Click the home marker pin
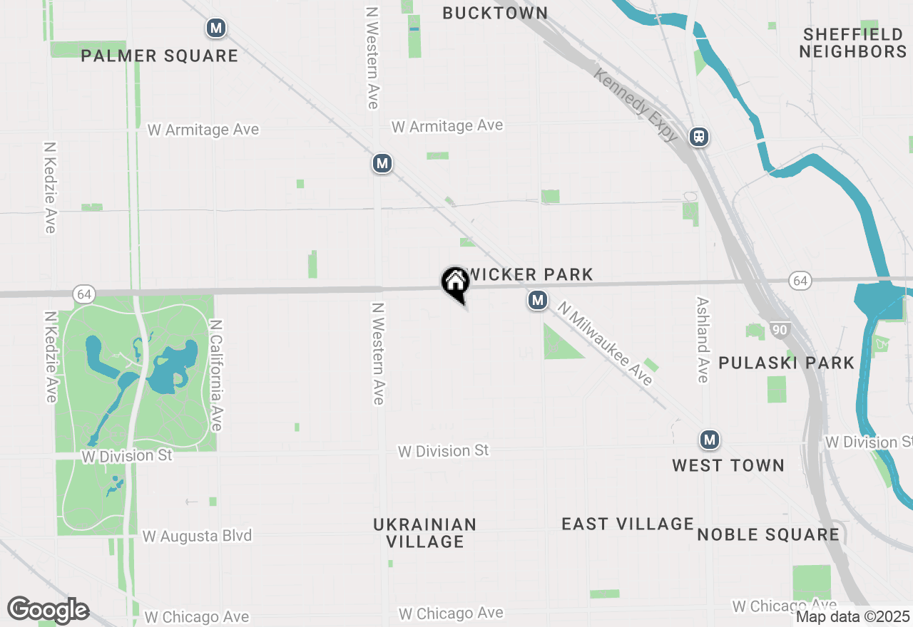455,283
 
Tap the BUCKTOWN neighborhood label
495,13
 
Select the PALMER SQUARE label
159,56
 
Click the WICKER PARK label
529,274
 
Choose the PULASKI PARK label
786,363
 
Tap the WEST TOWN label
728,465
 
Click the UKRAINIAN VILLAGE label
424,533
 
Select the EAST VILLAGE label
627,524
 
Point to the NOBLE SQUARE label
767,534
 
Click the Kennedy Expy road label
635,105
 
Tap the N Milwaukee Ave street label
606,343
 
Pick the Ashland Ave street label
703,340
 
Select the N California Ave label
216,375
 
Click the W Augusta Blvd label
197,536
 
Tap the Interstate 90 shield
779,330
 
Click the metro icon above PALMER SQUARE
215,28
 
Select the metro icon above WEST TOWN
708,440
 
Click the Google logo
47,611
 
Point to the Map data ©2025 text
852,616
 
